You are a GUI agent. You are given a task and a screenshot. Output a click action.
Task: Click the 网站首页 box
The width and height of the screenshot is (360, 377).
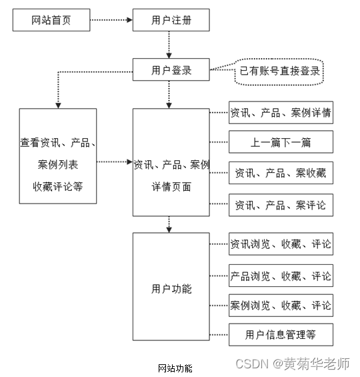pyautogui.click(x=51, y=21)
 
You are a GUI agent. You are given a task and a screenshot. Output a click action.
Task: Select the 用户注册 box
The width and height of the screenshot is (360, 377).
pyautogui.click(x=171, y=21)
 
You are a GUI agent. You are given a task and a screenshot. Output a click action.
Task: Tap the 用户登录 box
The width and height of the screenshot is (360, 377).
pyautogui.click(x=171, y=70)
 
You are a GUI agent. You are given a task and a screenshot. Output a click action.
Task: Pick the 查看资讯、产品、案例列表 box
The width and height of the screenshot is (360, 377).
pyautogui.click(x=58, y=156)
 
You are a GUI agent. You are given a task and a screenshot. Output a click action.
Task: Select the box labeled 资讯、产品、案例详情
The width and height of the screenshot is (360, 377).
pyautogui.click(x=280, y=113)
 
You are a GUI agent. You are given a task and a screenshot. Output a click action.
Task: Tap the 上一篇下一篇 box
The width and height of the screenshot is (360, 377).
pyautogui.click(x=280, y=142)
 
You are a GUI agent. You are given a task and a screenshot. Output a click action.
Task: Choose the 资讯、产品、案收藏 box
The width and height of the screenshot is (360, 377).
pyautogui.click(x=280, y=173)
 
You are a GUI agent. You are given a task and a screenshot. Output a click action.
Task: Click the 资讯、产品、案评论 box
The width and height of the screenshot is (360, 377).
pyautogui.click(x=280, y=206)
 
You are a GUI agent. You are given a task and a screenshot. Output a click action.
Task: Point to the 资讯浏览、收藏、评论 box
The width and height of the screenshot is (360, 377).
pyautogui.click(x=280, y=244)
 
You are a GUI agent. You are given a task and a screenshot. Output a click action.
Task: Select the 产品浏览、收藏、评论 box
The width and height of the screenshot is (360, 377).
pyautogui.click(x=280, y=276)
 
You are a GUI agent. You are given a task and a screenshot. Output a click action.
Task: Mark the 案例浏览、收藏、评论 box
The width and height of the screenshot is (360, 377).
pyautogui.click(x=280, y=306)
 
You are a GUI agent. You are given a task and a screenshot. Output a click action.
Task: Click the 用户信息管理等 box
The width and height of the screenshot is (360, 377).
pyautogui.click(x=280, y=334)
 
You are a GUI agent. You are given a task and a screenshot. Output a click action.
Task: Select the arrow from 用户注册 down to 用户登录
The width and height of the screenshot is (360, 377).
pyautogui.click(x=171, y=45)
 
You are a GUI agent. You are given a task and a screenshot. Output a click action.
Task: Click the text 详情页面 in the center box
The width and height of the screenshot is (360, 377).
pyautogui.click(x=171, y=187)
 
